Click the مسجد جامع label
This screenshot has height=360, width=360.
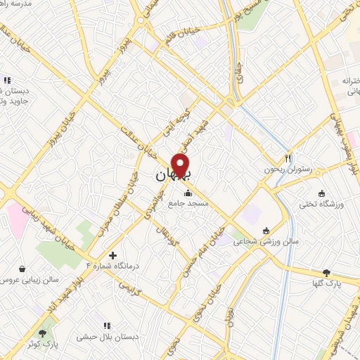pyautogui.click(x=187, y=204)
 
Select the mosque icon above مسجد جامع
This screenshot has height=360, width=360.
pyautogui.click(x=187, y=193)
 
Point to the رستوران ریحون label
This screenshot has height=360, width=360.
pyautogui.click(x=287, y=169)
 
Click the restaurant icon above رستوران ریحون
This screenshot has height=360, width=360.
pyautogui.click(x=287, y=157)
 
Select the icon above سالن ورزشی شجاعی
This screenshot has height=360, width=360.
pyautogui.click(x=266, y=231)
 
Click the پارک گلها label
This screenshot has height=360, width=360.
pyautogui.click(x=326, y=283)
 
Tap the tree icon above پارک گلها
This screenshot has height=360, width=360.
pyautogui.click(x=326, y=272)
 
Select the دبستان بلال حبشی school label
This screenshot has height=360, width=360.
pyautogui.click(x=108, y=337)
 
